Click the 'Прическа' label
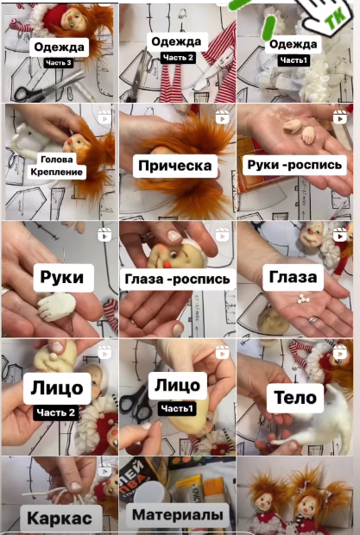(x=175, y=166)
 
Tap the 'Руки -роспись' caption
(x=294, y=165)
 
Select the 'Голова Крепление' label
(x=57, y=166)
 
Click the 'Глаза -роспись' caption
(x=177, y=279)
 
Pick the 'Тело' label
(x=295, y=398)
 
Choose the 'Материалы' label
(x=178, y=515)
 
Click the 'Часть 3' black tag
(x=59, y=63)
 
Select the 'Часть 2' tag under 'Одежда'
(x=178, y=57)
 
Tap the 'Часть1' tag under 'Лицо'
(x=177, y=408)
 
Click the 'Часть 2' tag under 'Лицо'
(x=55, y=412)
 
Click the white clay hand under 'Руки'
(x=56, y=306)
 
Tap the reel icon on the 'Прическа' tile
(x=222, y=117)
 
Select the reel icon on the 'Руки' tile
(x=104, y=235)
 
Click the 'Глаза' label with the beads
(x=294, y=277)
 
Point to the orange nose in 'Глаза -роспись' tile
(x=167, y=266)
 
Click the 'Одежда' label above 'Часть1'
(x=294, y=44)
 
